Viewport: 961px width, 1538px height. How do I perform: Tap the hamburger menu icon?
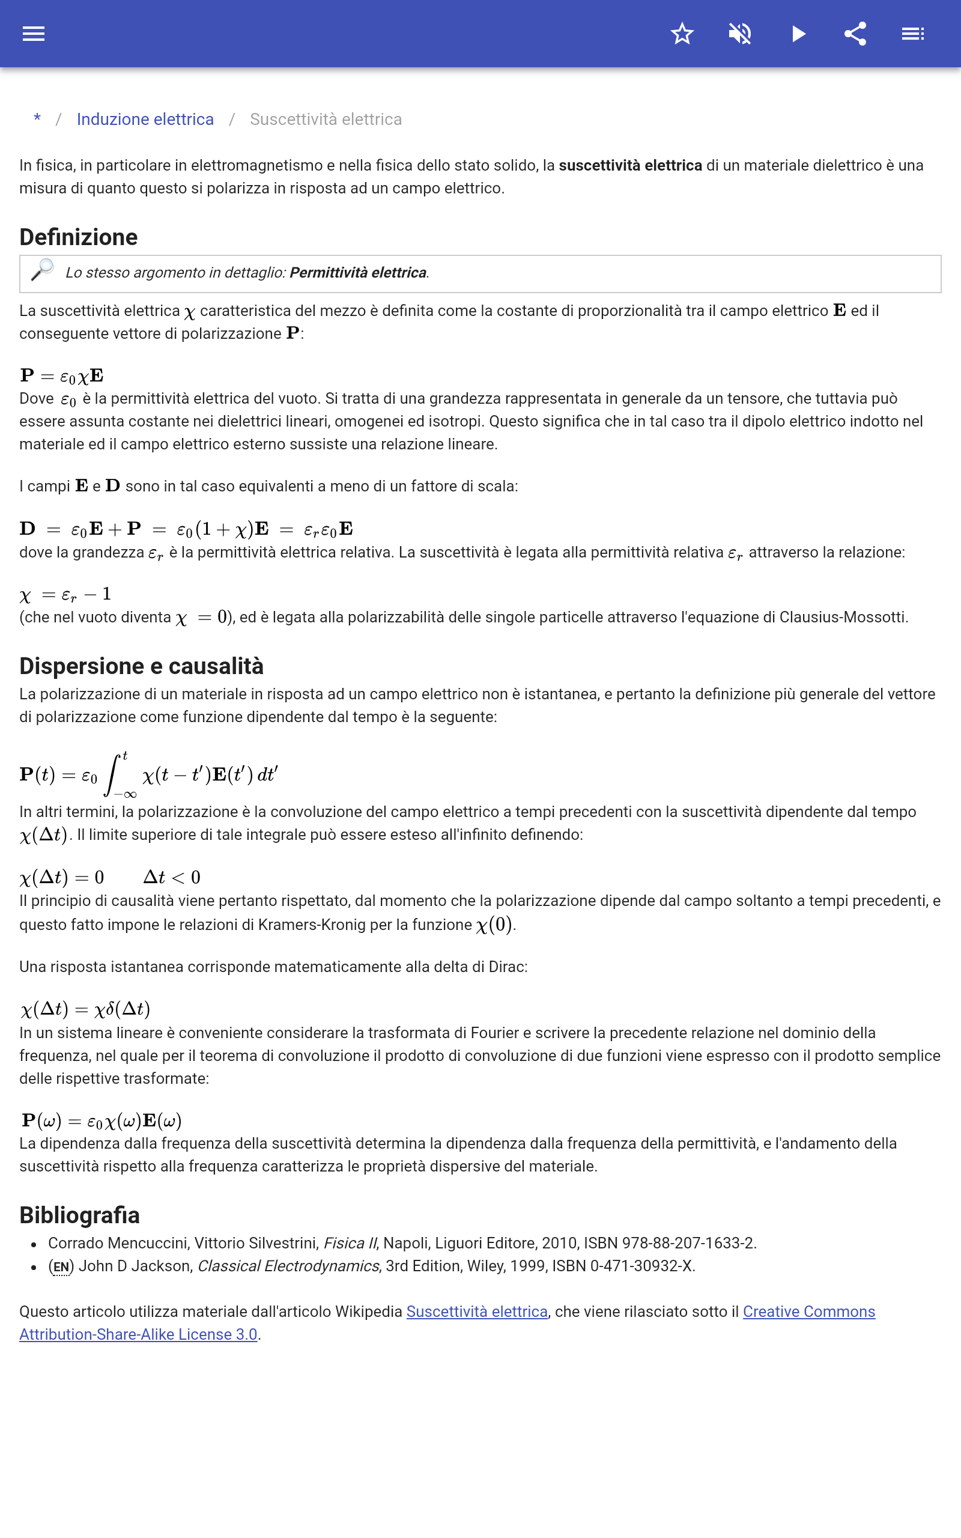[x=33, y=34]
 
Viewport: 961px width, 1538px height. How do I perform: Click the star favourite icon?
[x=682, y=34]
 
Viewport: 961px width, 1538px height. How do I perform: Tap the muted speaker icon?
[x=740, y=34]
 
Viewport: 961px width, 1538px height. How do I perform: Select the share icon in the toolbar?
[x=855, y=34]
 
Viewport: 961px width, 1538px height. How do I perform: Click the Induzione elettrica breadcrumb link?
[x=145, y=120]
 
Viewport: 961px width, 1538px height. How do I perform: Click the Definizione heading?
[x=79, y=237]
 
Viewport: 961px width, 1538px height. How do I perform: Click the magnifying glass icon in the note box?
[x=43, y=270]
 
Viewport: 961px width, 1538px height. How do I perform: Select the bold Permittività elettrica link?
[x=358, y=273]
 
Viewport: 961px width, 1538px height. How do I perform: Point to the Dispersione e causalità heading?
[x=141, y=666]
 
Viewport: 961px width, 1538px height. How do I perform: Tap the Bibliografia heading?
[x=79, y=1215]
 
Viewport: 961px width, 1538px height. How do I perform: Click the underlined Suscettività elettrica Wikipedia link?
[x=477, y=1312]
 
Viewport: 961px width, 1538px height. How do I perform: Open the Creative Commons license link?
[x=808, y=1312]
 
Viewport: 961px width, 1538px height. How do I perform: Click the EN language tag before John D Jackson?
[x=61, y=1266]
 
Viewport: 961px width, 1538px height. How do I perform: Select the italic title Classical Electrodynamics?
[x=288, y=1266]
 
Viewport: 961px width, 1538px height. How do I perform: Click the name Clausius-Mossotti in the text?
[x=841, y=617]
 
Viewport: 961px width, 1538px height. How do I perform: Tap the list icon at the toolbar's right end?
[x=913, y=34]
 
